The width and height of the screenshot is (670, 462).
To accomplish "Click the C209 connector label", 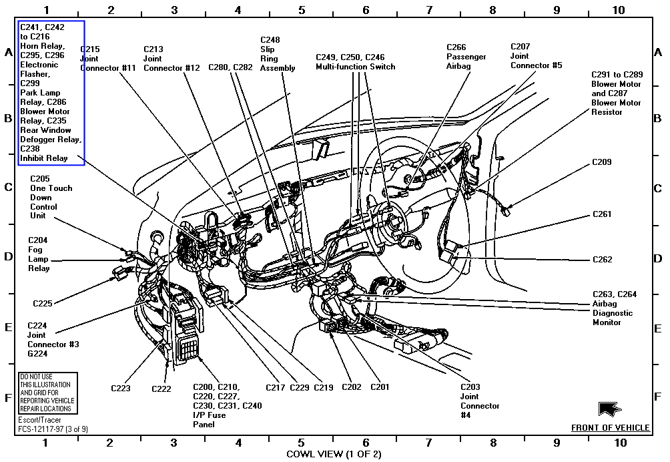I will coord(601,162).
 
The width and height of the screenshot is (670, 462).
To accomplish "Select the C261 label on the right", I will coord(601,215).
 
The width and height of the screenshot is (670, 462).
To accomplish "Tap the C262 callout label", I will coord(601,260).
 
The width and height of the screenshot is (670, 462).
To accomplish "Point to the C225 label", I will coord(43,304).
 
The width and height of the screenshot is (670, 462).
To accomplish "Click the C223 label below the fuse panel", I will coord(121,388).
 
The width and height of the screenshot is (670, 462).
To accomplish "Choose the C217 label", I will coord(275,387).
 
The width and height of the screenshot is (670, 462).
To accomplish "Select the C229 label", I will coord(300,387).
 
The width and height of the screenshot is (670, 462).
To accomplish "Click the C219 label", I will coord(323,387).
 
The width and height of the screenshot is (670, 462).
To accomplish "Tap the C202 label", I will coord(351,387).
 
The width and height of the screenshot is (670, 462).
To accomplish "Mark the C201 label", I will coord(379,387).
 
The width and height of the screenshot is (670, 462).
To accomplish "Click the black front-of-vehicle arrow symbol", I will coord(610,409).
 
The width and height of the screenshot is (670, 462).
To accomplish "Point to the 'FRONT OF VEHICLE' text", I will coord(610,428).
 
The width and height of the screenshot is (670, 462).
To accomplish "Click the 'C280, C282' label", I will coord(230,67).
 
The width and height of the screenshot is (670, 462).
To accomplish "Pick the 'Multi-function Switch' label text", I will coord(355,67).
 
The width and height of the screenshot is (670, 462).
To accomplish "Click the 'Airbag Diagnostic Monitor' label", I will coord(615,308).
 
